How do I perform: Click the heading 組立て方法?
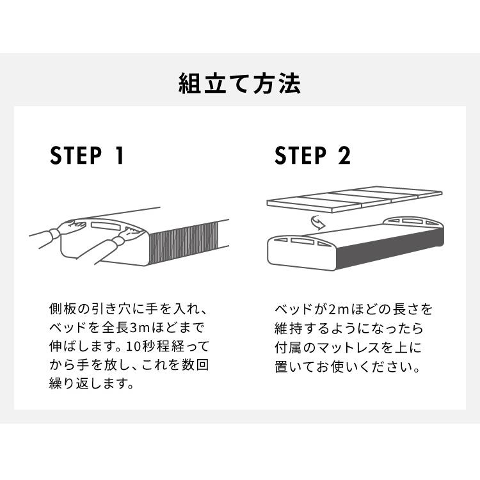pos(239,84)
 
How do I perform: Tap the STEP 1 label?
pos(87,156)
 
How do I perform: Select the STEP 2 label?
pos(313,156)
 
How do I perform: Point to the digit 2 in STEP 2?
pos(344,156)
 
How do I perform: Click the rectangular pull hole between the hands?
pos(105,226)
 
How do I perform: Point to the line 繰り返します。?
pos(91,386)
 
